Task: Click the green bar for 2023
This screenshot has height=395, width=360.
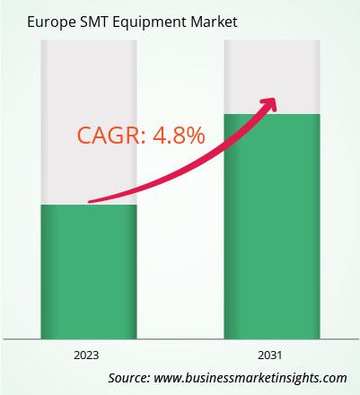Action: click(89, 272)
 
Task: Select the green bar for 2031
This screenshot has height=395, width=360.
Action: click(272, 226)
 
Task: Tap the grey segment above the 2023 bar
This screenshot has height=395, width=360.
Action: click(89, 122)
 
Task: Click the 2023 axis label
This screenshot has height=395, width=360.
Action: click(86, 355)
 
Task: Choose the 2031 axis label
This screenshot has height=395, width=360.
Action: click(270, 355)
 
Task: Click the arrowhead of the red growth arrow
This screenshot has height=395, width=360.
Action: click(269, 105)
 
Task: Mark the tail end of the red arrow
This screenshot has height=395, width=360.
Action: click(89, 202)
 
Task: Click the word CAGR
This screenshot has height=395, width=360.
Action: click(109, 136)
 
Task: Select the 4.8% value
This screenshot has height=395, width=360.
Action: click(179, 136)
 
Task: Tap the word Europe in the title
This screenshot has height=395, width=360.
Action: click(51, 22)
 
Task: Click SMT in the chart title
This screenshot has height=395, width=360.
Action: click(94, 22)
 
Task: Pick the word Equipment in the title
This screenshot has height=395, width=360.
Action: click(149, 22)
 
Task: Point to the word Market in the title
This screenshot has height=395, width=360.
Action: click(214, 22)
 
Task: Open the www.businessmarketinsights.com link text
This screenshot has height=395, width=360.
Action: click(250, 378)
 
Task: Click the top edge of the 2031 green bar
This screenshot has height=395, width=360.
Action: click(272, 114)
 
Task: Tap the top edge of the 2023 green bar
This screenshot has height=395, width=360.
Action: click(89, 205)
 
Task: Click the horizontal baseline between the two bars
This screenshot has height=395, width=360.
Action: click(180, 339)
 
